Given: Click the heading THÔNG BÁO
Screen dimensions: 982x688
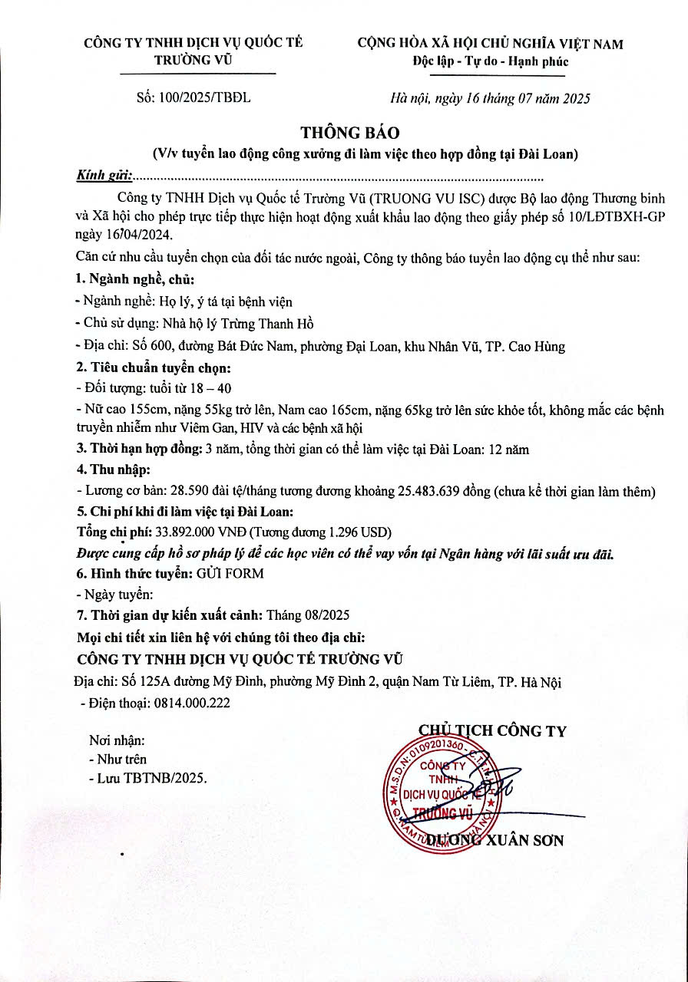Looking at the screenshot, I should (x=344, y=133).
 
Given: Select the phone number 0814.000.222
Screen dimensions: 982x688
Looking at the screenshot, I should (x=192, y=702).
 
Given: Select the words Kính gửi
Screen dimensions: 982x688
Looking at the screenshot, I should (x=104, y=176).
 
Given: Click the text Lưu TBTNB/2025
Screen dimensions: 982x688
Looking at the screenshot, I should (x=152, y=777).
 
